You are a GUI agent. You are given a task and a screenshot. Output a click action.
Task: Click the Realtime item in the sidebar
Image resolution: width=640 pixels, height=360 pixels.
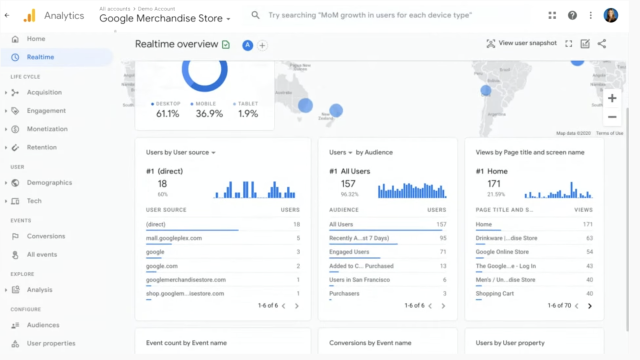[40, 57]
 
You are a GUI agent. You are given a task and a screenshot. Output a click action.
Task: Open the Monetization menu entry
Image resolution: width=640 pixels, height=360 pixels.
[47, 129]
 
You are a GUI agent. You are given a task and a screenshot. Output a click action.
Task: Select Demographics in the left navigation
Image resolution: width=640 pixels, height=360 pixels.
[49, 182]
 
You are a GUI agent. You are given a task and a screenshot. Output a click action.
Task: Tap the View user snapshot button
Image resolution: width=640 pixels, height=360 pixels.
[521, 43]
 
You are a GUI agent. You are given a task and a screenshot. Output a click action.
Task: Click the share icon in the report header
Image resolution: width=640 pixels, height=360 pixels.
[601, 44]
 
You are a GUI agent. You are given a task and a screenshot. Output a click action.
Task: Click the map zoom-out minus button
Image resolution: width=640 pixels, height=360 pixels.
[612, 117]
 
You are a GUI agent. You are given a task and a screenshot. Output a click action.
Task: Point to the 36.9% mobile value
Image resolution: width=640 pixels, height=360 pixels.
[209, 114]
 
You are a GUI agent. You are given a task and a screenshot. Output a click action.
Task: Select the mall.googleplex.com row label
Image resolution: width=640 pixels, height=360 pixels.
[174, 238]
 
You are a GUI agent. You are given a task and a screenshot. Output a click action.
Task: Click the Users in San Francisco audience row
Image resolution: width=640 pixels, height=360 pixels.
[359, 279]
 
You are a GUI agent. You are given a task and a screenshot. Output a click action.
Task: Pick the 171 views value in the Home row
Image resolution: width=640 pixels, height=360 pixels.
[587, 224]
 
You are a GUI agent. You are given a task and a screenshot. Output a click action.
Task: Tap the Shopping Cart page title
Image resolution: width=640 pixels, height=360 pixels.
[494, 293]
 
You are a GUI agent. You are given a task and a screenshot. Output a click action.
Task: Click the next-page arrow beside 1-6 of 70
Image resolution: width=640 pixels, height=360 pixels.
[589, 306]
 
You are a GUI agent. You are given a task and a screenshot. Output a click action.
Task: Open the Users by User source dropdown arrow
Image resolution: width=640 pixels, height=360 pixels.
[213, 152]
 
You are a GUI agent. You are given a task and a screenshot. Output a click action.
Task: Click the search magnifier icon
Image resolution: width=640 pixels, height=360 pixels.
[255, 15]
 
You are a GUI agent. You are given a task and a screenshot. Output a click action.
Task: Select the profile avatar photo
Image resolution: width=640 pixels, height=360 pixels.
[610, 15]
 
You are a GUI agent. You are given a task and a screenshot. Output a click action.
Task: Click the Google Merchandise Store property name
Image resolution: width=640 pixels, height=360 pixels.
[161, 18]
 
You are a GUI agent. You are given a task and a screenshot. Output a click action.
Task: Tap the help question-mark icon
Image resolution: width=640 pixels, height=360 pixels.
[572, 15]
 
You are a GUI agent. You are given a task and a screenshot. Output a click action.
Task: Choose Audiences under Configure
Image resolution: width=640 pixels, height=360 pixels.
[43, 325]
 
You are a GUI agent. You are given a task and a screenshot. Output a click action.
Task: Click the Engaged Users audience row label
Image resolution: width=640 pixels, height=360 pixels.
[349, 252]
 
